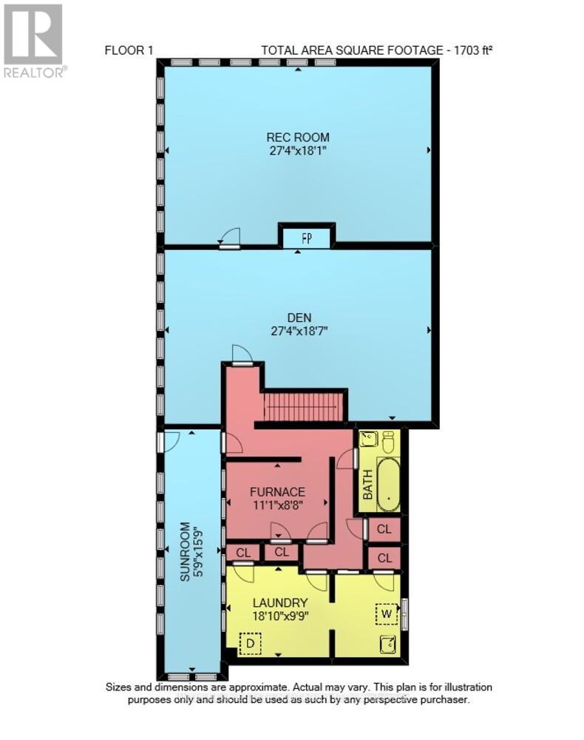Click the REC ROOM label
click(298, 137)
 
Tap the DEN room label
click(298, 317)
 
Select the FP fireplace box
click(306, 238)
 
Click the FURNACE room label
click(277, 491)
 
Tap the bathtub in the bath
click(388, 485)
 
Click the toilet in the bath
click(388, 442)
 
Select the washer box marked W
click(387, 614)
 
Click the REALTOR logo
click(34, 41)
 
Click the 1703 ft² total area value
click(450, 51)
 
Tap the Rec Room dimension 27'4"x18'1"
click(298, 150)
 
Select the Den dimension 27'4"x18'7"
click(298, 331)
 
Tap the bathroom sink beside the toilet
click(369, 440)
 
